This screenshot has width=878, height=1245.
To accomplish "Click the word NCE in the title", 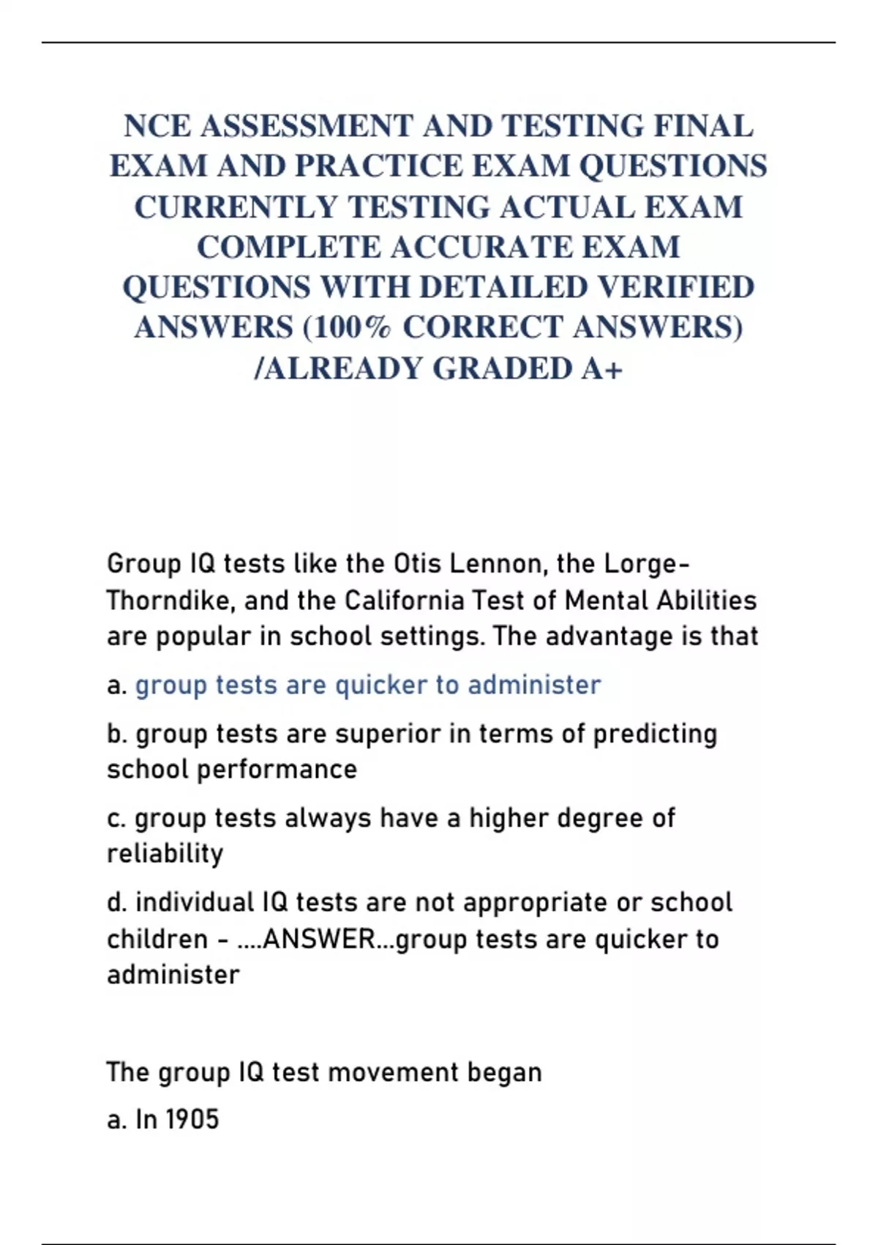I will pos(157,127).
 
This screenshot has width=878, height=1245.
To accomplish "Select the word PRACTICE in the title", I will pos(380,167).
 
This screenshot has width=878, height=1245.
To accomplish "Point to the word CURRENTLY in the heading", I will pos(235,207).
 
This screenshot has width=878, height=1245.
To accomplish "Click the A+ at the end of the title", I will pos(602,368).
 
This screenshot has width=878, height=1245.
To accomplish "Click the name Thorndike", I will pos(171,601).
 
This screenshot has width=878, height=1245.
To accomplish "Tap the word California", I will pos(405,601).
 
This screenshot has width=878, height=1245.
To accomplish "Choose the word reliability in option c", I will pos(165,854).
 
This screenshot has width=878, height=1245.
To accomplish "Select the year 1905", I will pos(192,1120).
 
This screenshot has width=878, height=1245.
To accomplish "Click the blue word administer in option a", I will pos(534,685).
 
